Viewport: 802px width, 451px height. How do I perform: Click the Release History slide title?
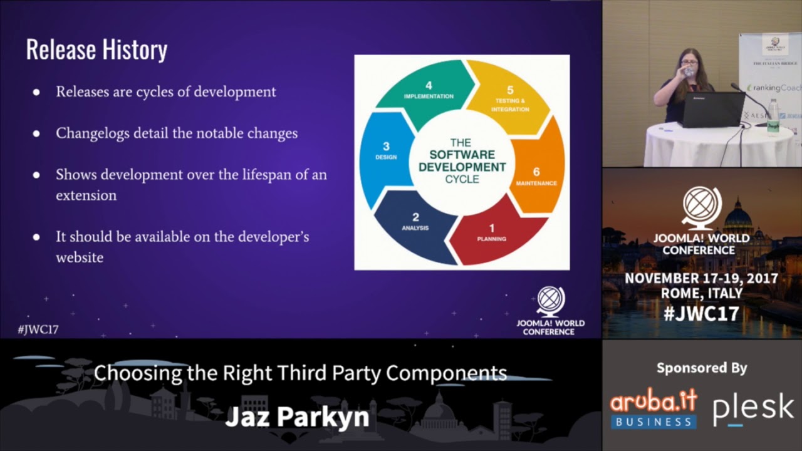96,50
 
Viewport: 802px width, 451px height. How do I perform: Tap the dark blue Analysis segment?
414,225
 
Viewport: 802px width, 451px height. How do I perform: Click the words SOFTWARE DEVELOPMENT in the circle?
462,161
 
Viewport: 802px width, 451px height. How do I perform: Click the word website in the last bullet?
80,257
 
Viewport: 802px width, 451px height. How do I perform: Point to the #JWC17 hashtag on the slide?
38,329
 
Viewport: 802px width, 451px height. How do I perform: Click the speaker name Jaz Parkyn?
297,417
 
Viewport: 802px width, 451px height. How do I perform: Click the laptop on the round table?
713,110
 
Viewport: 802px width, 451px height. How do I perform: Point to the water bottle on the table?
773,117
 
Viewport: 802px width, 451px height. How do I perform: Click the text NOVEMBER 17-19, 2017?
701,279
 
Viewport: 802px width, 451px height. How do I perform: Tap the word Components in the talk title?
446,373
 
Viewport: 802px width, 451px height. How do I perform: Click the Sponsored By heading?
702,368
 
